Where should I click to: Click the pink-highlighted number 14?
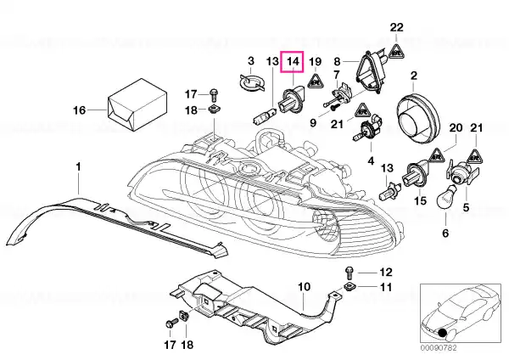coord(293,62)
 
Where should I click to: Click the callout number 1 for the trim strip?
coord(79,166)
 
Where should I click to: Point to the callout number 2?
coord(415,76)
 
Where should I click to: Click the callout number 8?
coord(337,61)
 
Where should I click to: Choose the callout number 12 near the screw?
coord(386,273)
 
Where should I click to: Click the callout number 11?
coord(386,289)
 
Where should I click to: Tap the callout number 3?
coord(251,61)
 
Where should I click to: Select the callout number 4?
coord(370,159)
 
